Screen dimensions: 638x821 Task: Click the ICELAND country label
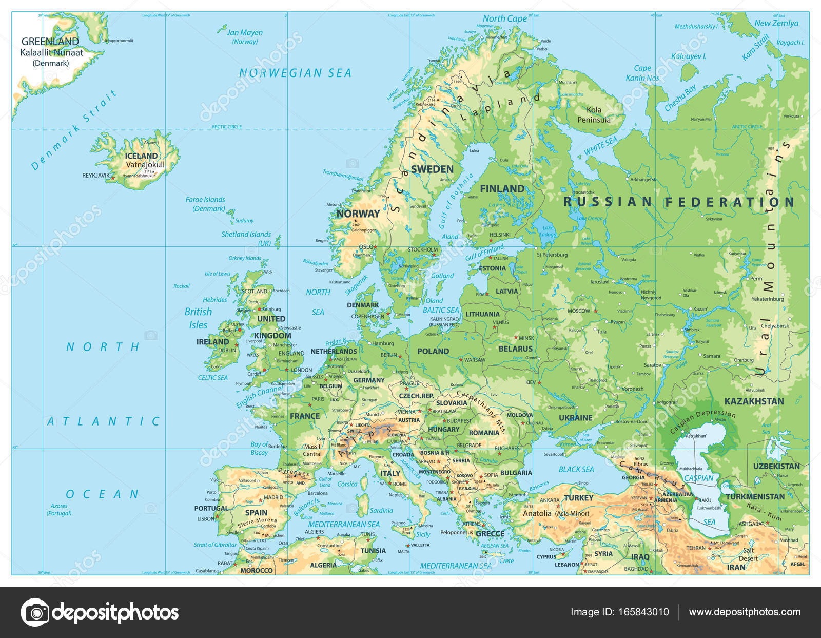141,156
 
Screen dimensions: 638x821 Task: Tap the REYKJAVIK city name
96,176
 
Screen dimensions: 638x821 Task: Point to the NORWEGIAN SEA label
295,73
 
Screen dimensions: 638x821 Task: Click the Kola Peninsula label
594,114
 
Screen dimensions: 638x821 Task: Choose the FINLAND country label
502,188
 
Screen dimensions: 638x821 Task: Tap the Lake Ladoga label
548,231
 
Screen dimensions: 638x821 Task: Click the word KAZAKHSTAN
754,401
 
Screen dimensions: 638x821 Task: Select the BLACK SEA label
576,469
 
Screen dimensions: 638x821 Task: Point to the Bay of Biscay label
259,448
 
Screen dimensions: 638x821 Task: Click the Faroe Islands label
205,204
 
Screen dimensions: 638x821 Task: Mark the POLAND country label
433,351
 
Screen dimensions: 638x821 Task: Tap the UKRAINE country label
575,418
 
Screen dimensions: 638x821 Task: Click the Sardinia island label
381,510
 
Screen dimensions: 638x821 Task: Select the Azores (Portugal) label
59,509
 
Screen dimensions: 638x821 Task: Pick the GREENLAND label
50,42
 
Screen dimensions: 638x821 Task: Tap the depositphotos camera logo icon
35,612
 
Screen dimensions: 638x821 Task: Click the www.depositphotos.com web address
745,612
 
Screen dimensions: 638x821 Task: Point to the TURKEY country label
578,498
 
